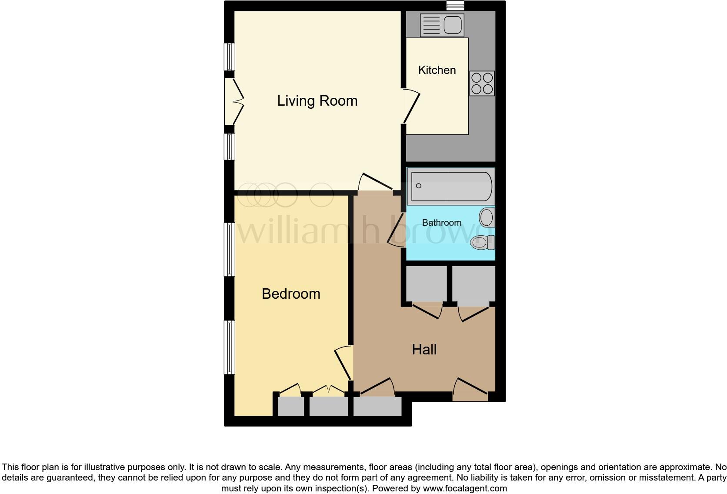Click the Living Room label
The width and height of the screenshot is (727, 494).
(x=317, y=101)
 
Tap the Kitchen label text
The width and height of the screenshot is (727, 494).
(x=437, y=70)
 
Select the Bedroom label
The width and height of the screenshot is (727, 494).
(x=291, y=294)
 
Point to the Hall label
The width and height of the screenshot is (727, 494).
(x=424, y=350)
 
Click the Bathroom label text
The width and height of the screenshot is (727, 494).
(x=441, y=223)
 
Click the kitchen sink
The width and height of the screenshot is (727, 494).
(x=442, y=24)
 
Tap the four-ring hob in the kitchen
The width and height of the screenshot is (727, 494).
(x=482, y=83)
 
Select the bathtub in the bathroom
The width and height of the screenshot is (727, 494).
(x=451, y=186)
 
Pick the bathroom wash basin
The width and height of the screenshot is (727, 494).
(x=487, y=217)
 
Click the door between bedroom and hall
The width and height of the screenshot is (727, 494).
(x=343, y=364)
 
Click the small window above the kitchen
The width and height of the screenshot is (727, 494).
(x=455, y=5)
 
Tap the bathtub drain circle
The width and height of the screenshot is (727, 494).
(x=419, y=186)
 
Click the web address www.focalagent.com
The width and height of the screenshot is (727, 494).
(x=465, y=488)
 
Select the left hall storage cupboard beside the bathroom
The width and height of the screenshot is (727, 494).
(x=426, y=284)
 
